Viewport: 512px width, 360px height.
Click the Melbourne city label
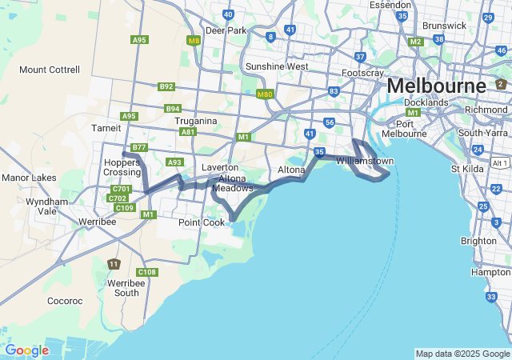pos(436,85)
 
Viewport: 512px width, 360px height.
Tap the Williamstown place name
pos(365,161)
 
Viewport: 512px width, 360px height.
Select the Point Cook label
pos(202,222)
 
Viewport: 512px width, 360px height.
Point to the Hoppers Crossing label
pos(122,167)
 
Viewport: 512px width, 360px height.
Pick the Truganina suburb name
pos(196,121)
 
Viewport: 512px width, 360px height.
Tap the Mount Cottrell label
pos(50,70)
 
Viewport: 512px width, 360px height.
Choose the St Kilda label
pos(466,169)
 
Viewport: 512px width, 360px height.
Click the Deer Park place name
pos(226,30)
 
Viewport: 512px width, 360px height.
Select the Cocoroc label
pos(65,301)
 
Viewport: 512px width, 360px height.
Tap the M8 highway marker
pos(194,40)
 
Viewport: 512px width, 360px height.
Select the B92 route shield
pos(166,86)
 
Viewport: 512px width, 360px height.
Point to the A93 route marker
pos(175,162)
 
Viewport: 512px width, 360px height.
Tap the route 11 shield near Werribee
pos(114,264)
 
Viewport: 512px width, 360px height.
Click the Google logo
pos(26,350)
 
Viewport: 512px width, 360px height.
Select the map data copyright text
pos(462,354)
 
